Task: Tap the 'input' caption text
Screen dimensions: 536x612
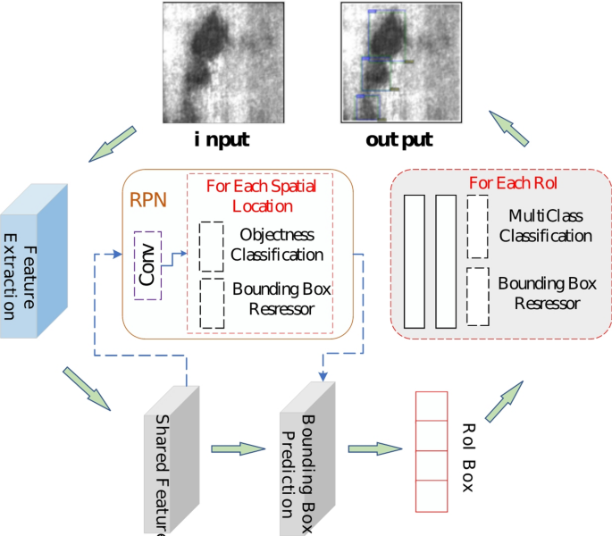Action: coord(222,139)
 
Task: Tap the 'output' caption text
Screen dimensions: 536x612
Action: coord(399,139)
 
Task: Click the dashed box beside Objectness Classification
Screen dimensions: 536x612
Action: coord(212,246)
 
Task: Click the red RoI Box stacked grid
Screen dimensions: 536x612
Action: coord(432,451)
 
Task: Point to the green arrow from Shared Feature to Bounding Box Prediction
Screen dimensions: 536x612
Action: coord(234,448)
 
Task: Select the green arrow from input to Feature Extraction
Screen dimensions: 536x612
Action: coord(112,143)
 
